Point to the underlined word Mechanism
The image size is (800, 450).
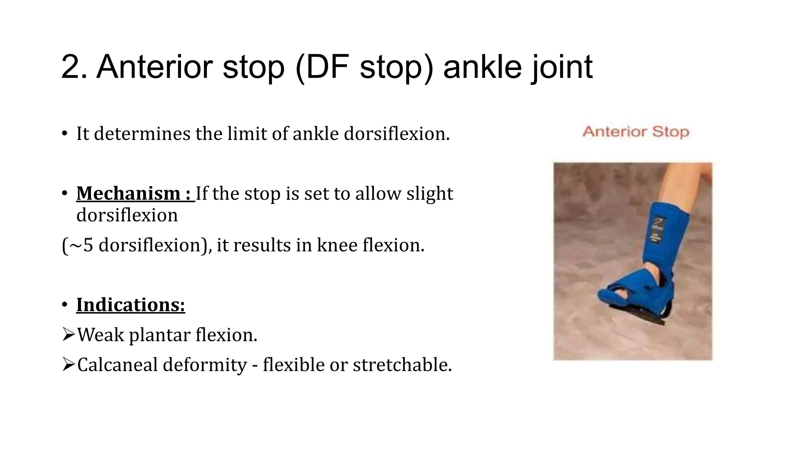click(x=128, y=194)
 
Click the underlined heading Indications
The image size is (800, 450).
click(x=130, y=305)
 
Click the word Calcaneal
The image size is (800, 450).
click(x=117, y=365)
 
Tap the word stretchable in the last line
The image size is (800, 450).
click(x=402, y=365)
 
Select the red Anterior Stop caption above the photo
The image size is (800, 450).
click(x=636, y=132)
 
